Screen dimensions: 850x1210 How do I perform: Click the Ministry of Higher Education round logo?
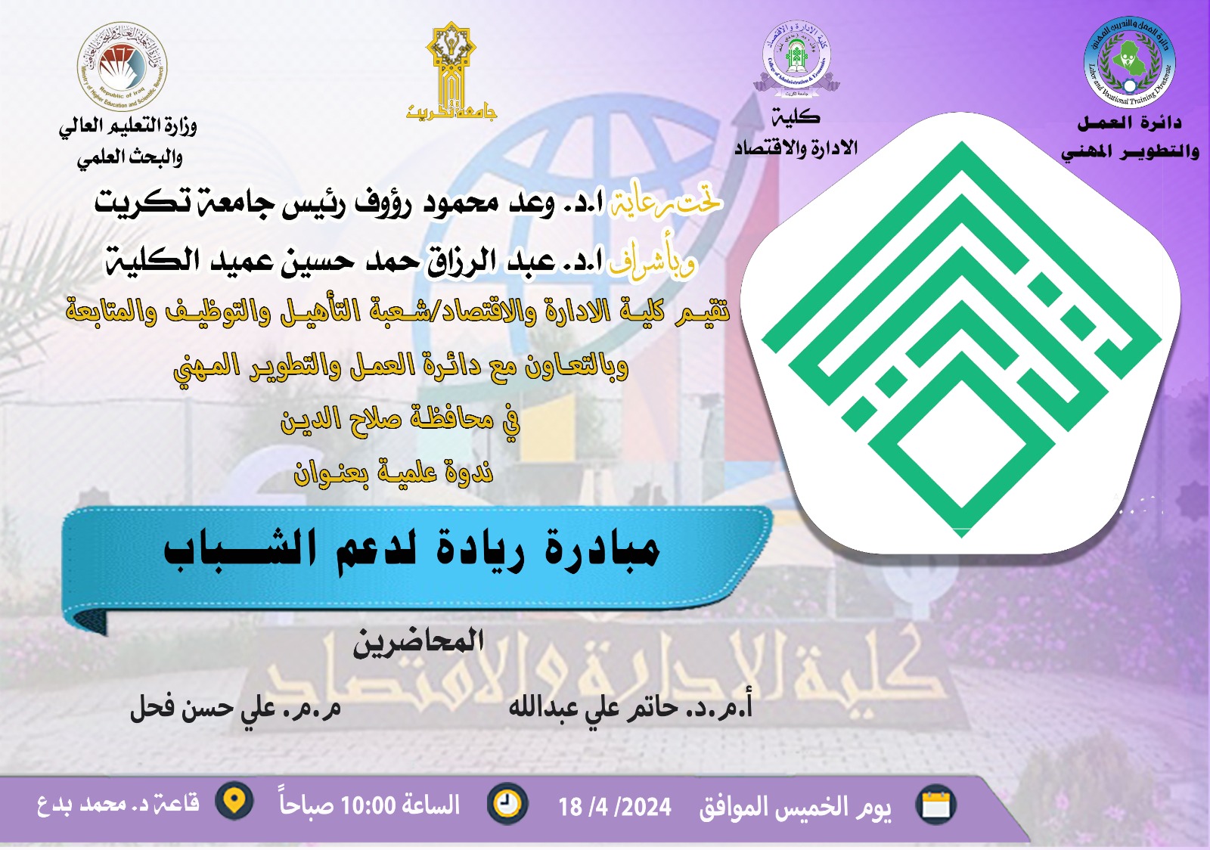click(122, 67)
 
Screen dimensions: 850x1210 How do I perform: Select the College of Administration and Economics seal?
click(796, 59)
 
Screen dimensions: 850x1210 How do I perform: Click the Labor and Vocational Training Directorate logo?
click(1129, 63)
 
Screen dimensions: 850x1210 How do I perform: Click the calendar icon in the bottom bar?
click(936, 805)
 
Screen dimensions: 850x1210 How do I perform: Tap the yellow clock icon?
click(507, 804)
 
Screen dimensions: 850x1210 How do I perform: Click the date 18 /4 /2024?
click(614, 807)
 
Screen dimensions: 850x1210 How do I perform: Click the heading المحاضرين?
click(418, 642)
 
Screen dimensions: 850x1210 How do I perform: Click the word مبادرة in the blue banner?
click(602, 550)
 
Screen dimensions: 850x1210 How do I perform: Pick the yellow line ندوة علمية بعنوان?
click(393, 472)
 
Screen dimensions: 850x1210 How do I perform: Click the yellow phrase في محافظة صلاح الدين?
click(400, 418)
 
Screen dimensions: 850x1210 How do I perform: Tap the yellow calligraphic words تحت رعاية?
click(665, 203)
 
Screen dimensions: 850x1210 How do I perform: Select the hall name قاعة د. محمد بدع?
click(118, 803)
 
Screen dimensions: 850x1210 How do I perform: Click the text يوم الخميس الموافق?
click(795, 807)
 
